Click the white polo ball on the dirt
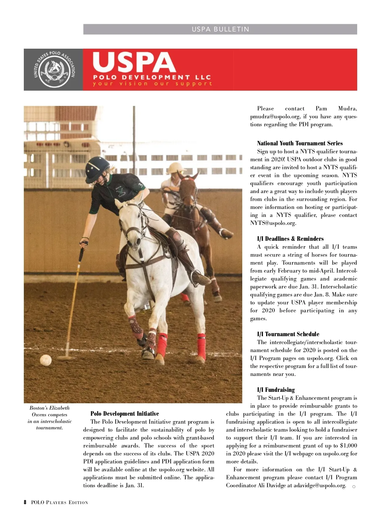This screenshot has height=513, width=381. click(46, 360)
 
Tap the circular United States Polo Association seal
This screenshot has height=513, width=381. click(54, 70)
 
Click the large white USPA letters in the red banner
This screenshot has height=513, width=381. click(134, 63)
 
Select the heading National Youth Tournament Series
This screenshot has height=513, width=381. click(300, 143)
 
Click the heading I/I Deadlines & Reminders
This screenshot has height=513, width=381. click(290, 239)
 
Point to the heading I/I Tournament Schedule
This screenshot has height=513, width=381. click(288, 334)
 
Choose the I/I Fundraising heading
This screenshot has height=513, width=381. click(276, 390)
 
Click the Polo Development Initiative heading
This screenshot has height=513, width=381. click(124, 413)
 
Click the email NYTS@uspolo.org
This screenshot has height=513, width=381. click(273, 223)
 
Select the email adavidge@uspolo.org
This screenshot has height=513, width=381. click(319, 485)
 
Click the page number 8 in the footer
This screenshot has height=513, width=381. click(25, 503)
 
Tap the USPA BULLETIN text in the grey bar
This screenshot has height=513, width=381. click(220, 29)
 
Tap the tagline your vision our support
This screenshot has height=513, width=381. click(152, 84)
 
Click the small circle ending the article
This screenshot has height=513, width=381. click(354, 486)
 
